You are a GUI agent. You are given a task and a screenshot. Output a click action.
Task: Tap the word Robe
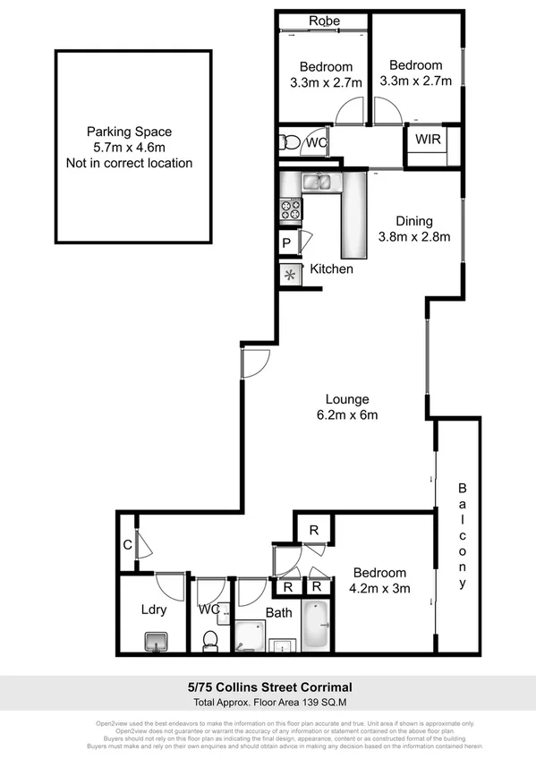point(323,21)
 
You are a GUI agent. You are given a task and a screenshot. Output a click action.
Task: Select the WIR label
point(426,139)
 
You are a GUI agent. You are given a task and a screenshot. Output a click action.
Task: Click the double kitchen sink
point(318,183)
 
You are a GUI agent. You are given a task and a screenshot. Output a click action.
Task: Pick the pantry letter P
point(286,243)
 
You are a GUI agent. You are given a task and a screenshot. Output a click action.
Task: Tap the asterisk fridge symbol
point(290,275)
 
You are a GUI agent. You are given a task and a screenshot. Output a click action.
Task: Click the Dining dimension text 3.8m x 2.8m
point(413,237)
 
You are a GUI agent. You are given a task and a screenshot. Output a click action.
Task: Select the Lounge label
point(347,399)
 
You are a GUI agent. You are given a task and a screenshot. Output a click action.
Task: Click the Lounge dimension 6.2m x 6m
point(347,414)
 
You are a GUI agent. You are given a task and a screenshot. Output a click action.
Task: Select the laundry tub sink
point(157,641)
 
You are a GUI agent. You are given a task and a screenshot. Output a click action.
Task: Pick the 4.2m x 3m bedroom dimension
point(379,588)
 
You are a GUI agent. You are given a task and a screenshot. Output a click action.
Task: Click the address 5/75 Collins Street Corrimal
point(268,687)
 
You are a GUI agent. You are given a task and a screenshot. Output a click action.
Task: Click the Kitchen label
point(331,269)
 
